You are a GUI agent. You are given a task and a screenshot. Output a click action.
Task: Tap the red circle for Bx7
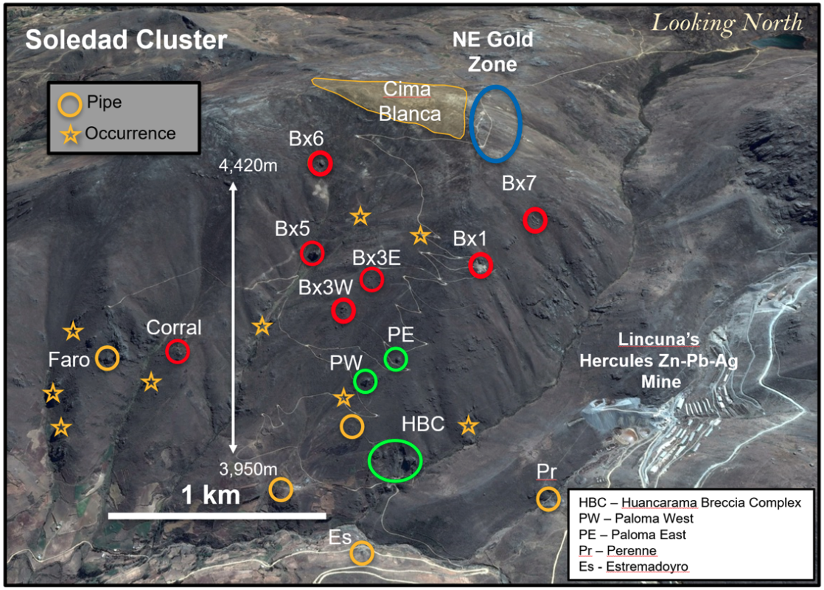click(x=535, y=220)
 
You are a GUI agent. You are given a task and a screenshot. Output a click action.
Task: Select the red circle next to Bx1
click(x=481, y=265)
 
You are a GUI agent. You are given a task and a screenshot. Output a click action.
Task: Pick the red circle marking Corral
click(x=178, y=352)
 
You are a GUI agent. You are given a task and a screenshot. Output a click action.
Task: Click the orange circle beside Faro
click(x=108, y=358)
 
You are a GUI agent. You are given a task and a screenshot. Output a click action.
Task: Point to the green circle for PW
click(x=366, y=381)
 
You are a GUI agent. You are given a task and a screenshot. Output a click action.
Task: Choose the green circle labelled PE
click(x=397, y=359)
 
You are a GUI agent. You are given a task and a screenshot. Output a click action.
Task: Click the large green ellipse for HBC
click(x=395, y=461)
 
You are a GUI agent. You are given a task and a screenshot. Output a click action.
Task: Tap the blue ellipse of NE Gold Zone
click(x=496, y=123)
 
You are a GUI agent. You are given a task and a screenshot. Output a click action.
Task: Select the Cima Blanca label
click(x=412, y=102)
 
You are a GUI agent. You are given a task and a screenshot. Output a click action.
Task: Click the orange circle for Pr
click(x=547, y=499)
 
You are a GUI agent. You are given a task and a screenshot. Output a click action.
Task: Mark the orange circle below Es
click(x=361, y=553)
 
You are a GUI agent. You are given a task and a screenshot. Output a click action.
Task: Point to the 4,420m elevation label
click(x=248, y=166)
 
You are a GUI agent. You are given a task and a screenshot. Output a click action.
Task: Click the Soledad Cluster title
click(x=126, y=40)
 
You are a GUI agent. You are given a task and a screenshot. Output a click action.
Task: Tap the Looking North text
click(x=727, y=23)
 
